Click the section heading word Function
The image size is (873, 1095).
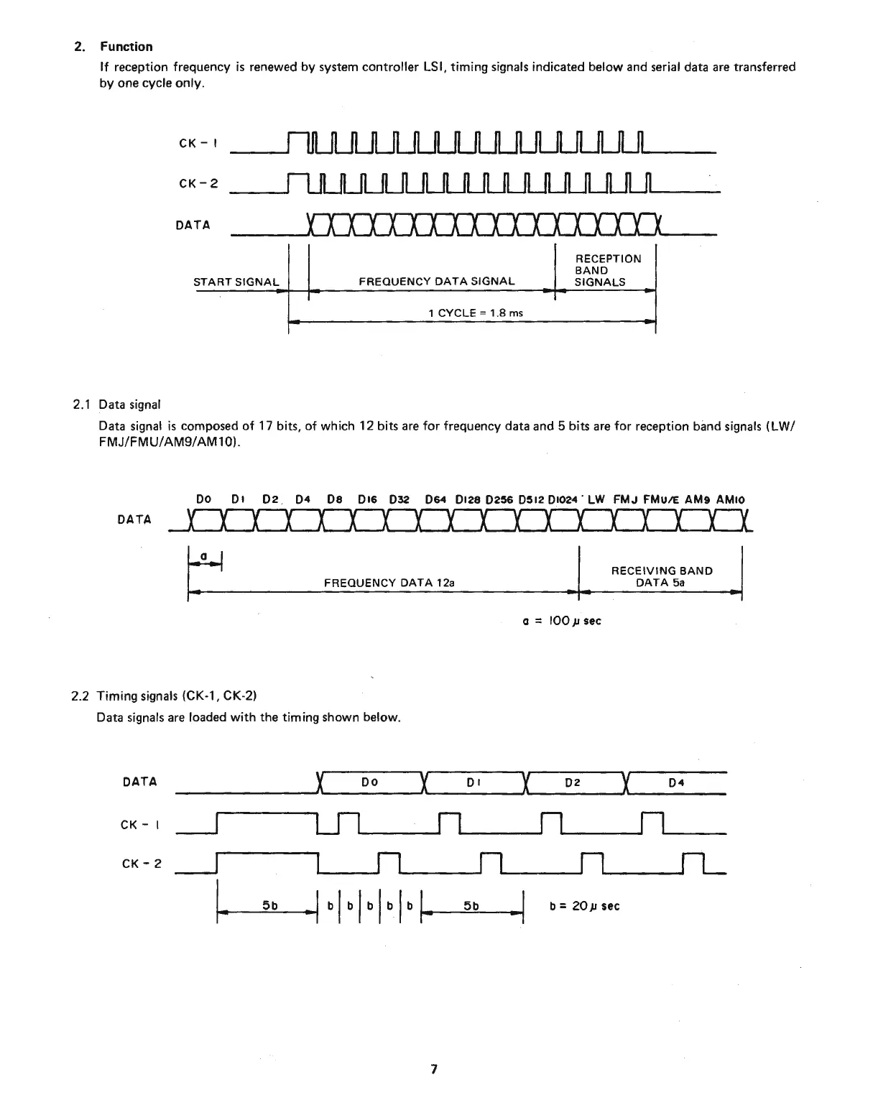pos(126,47)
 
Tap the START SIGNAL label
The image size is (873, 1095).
pos(236,282)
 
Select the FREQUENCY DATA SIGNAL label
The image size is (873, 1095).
pos(436,282)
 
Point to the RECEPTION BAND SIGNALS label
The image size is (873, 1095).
pos(607,270)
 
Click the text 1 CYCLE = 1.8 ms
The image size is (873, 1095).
pos(475,313)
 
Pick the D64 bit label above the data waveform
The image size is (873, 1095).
pos(435,499)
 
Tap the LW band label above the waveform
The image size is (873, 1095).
pos(596,499)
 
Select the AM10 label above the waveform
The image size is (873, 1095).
pos(731,499)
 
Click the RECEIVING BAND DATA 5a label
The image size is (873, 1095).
pos(661,576)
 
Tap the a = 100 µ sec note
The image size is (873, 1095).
pos(562,621)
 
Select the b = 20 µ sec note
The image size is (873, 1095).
pos(583,906)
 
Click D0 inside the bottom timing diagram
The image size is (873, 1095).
pos(369,782)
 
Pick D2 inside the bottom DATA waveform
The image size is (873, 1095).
pos(572,782)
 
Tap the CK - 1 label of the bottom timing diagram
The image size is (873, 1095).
pos(139,825)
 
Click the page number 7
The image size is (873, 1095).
pos(433,1069)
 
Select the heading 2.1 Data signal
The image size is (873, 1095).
pos(117,405)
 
